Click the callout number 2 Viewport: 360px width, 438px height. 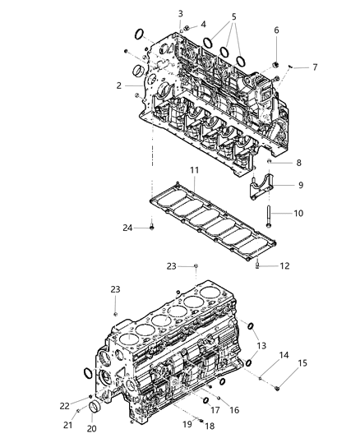[x=118, y=85]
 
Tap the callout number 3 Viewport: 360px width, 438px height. [x=181, y=13]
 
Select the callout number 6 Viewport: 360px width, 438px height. [x=276, y=30]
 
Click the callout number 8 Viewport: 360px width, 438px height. [x=298, y=163]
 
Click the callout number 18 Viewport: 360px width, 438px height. [x=208, y=426]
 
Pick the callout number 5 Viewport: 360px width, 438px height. [x=234, y=16]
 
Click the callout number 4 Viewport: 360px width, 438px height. [x=202, y=24]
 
